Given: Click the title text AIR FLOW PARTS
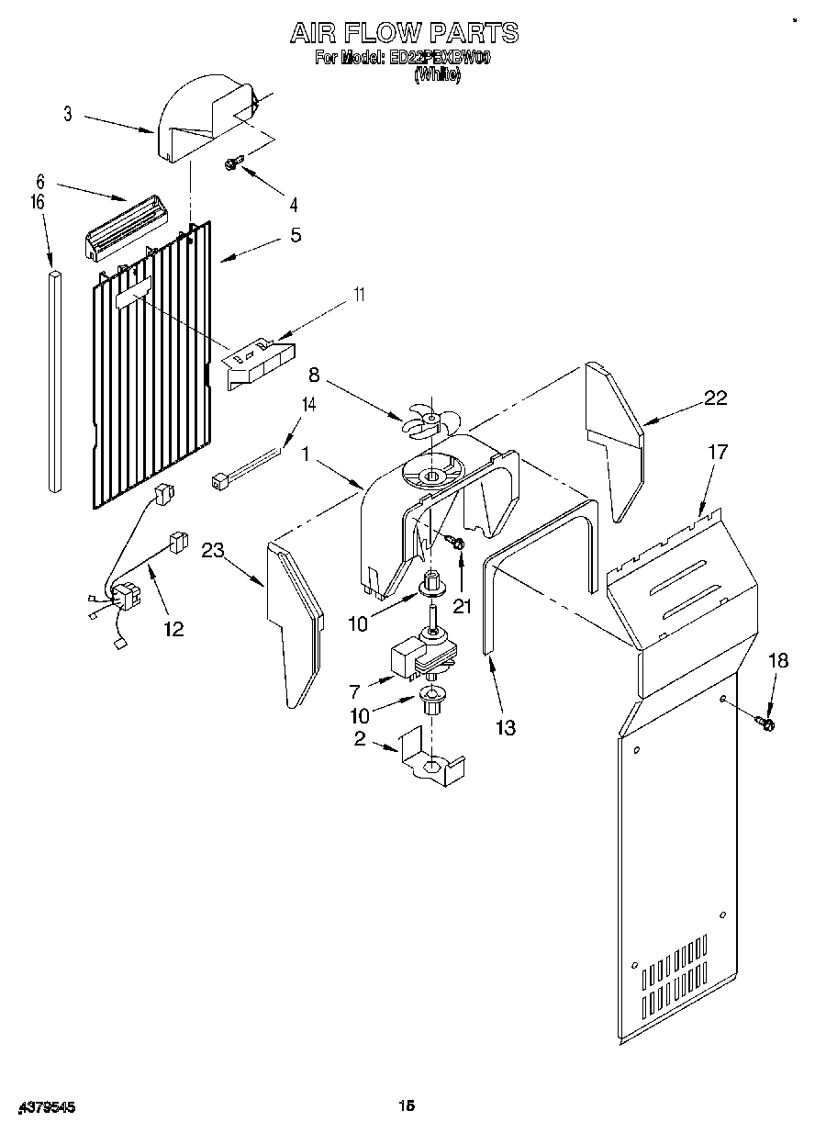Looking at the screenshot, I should pos(404,34).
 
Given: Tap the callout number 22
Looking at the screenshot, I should pos(715,398).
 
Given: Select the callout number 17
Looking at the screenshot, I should pos(718,452).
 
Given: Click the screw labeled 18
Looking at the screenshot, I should pos(766,724).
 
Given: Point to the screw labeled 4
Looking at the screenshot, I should pos(232,163).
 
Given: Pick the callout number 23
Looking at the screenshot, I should pos(213,551).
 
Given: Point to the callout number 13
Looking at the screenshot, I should pos(504,728).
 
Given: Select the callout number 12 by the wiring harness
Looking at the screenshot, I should pos(173,629).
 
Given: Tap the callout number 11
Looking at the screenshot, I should pos(359,295).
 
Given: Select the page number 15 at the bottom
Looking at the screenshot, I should pos(407,1106).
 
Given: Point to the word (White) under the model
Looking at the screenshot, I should pos(437,77).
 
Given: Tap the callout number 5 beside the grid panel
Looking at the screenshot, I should pos(295,235).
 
